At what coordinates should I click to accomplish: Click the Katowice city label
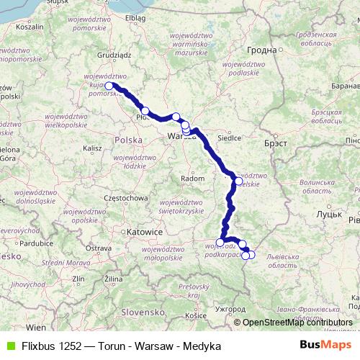coord(143,233)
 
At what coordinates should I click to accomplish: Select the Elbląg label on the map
coord(135,17)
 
